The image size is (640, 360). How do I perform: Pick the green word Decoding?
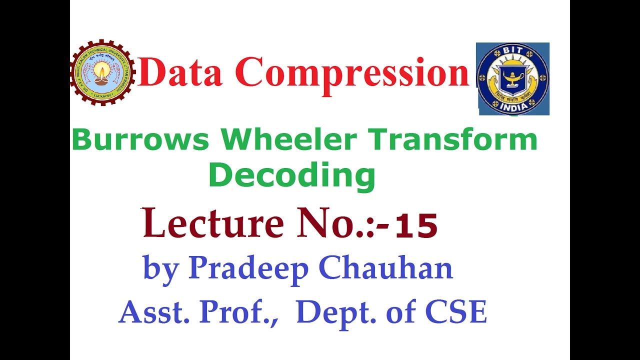[x=292, y=176]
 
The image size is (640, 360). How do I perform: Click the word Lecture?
[x=213, y=223]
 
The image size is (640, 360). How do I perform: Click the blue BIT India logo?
[x=512, y=79]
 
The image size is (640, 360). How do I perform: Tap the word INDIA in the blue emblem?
[x=512, y=106]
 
